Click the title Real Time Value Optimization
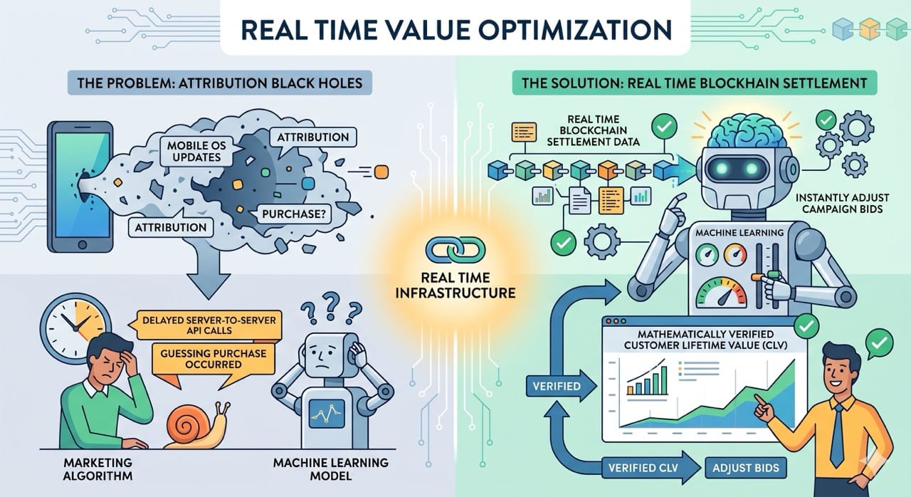pos(455,29)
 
